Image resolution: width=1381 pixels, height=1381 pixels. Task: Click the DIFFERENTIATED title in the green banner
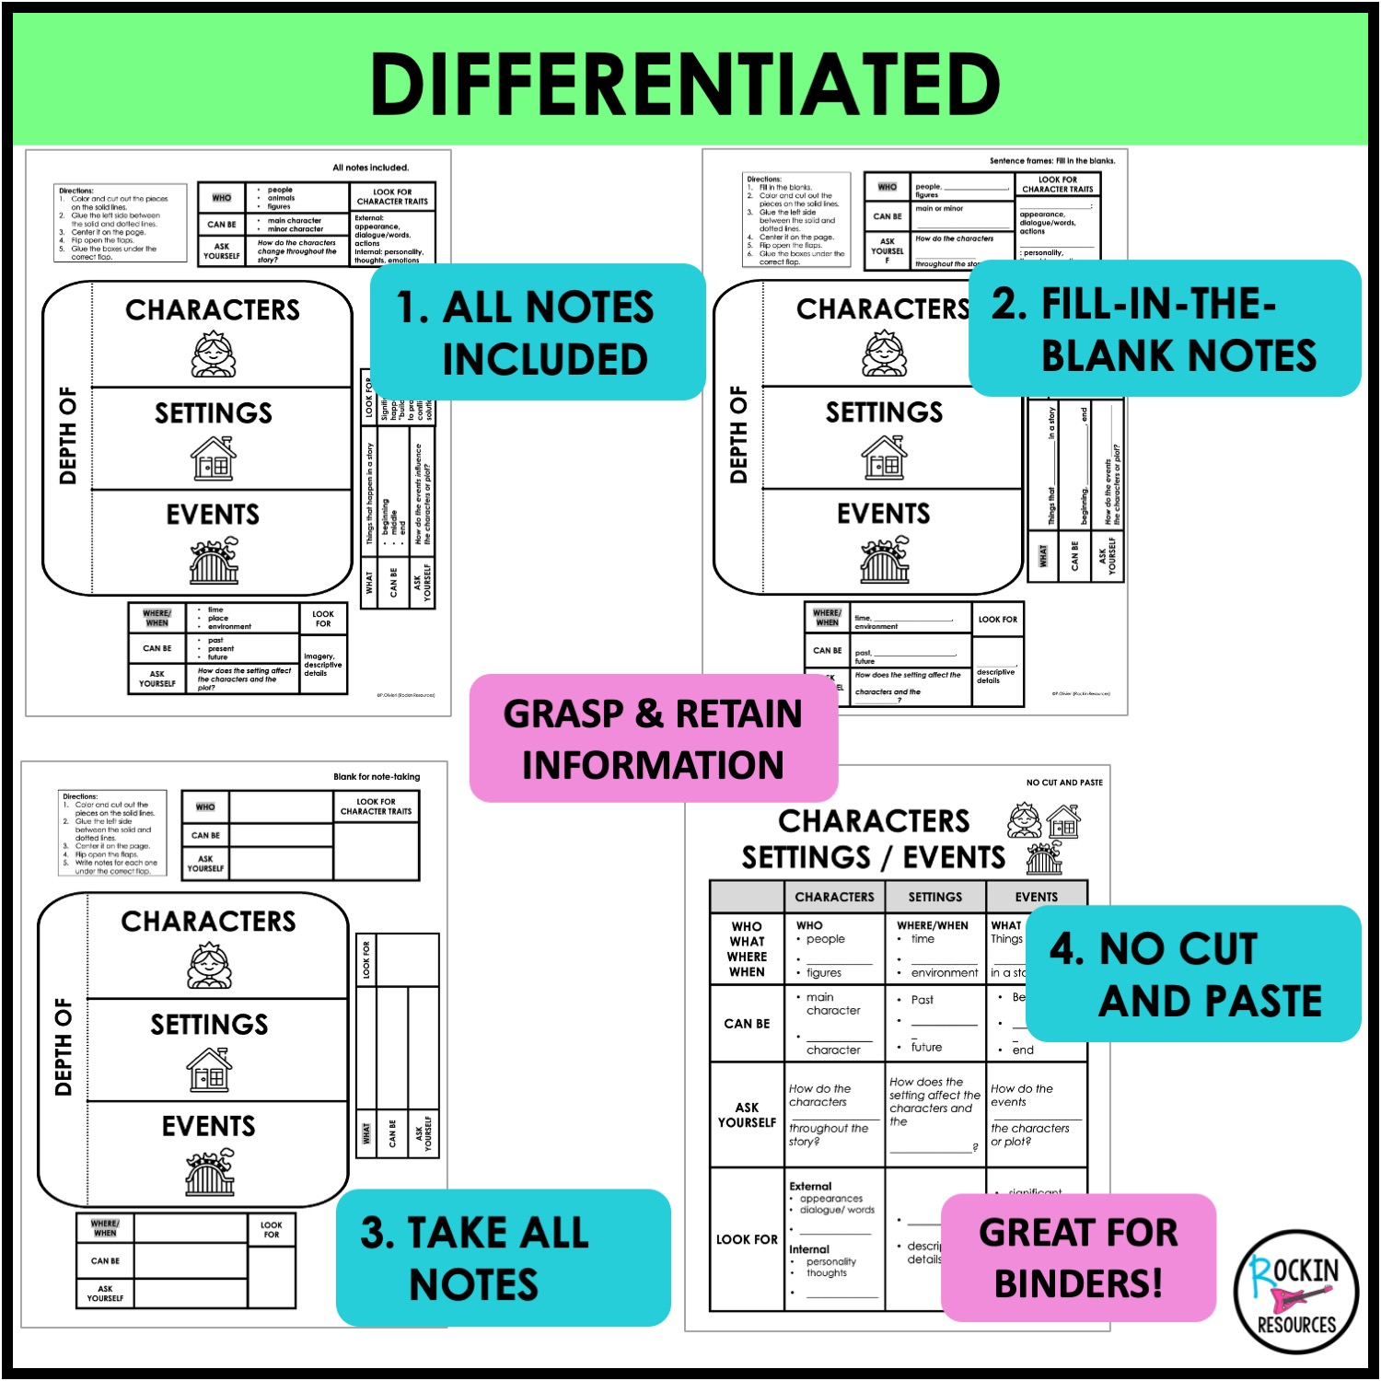click(x=685, y=84)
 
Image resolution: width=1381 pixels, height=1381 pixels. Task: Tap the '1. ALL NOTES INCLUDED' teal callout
click(x=537, y=331)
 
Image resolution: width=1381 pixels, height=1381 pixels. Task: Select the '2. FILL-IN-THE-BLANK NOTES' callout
click(x=1164, y=329)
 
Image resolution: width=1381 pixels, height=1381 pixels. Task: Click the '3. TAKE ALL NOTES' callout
click(x=502, y=1258)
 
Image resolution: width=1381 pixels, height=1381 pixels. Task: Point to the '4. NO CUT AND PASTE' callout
click(x=1192, y=974)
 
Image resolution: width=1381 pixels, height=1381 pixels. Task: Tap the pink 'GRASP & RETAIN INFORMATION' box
click(x=653, y=738)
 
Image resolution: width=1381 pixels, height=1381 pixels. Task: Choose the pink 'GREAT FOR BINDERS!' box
click(x=1078, y=1258)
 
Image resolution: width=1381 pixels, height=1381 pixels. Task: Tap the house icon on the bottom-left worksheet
click(x=210, y=1070)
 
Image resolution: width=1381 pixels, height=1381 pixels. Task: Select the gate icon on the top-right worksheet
click(x=884, y=559)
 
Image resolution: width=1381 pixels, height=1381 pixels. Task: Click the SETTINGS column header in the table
click(x=934, y=897)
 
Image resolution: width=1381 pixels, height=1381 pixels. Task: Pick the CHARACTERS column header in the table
click(x=834, y=897)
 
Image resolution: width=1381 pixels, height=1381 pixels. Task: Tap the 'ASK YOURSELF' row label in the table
click(x=747, y=1115)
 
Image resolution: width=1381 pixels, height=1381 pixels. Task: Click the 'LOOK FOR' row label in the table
click(x=747, y=1239)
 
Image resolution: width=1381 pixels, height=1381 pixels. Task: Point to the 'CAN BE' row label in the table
click(x=747, y=1024)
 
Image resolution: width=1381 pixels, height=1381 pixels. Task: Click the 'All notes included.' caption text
click(x=370, y=168)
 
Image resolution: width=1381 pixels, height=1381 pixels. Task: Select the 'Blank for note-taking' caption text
click(x=376, y=777)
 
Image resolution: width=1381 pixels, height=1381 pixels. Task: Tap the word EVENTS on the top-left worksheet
click(x=213, y=515)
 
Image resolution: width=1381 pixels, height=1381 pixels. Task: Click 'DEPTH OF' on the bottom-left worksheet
click(x=64, y=1047)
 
